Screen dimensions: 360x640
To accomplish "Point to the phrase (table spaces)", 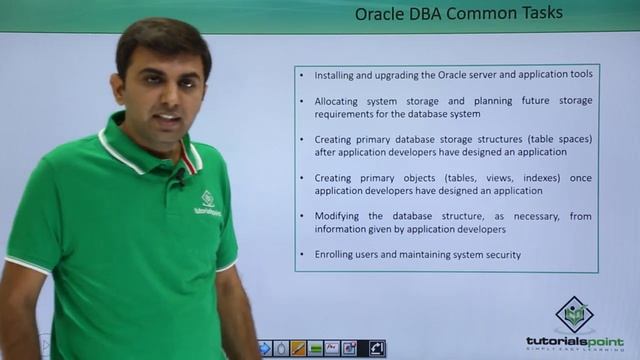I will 555,139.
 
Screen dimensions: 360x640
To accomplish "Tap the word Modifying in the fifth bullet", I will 343,216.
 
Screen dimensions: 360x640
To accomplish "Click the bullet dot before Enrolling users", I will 304,255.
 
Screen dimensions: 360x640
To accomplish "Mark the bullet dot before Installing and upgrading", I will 304,74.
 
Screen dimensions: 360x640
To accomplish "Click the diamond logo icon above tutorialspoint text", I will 574,315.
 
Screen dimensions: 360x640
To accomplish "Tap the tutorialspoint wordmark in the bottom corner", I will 574,341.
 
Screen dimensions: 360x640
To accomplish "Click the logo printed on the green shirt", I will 208,203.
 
